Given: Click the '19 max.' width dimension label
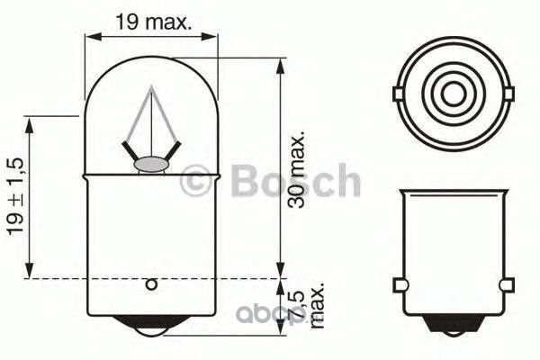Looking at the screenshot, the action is [x=153, y=22].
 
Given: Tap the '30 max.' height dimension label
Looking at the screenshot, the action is [x=296, y=169].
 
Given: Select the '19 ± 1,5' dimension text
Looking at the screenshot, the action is [x=15, y=196].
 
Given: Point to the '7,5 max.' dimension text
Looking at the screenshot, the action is [x=307, y=306].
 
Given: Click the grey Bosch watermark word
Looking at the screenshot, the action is [x=296, y=180].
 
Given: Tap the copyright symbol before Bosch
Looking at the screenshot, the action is [x=195, y=180].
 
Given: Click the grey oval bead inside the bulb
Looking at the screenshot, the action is [x=150, y=166].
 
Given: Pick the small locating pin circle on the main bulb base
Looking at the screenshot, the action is [x=151, y=285].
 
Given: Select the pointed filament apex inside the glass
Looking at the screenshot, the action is [x=151, y=87].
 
